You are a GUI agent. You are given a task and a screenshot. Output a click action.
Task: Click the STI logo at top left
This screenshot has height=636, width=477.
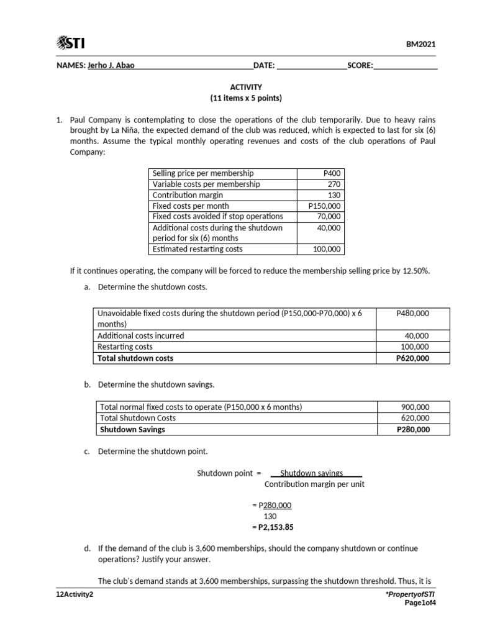coord(71,43)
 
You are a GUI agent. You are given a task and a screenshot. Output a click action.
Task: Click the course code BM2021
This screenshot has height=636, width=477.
coord(422,44)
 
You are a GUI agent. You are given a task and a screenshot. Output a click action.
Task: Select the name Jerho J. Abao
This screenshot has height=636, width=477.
coord(111,65)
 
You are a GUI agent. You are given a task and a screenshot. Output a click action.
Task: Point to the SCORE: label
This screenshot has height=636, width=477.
coord(360,65)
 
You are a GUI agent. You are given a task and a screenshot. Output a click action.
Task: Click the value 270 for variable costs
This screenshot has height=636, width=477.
coord(334,184)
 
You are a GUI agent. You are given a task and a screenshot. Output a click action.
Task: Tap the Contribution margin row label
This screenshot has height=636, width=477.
coord(188,195)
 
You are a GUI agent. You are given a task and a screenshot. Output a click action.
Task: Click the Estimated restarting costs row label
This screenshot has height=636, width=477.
coord(198,249)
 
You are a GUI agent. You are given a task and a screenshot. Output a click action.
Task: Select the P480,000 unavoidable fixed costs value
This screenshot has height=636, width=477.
coord(412,314)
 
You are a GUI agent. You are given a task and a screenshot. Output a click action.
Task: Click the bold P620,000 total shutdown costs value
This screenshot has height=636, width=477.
coord(412,358)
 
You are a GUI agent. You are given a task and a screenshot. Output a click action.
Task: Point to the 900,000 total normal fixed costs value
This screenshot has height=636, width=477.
coord(416,407)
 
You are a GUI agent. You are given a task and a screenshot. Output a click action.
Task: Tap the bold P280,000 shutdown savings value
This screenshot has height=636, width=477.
coord(412,429)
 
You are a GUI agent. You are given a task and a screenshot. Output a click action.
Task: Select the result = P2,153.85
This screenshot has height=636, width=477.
coord(273,527)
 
